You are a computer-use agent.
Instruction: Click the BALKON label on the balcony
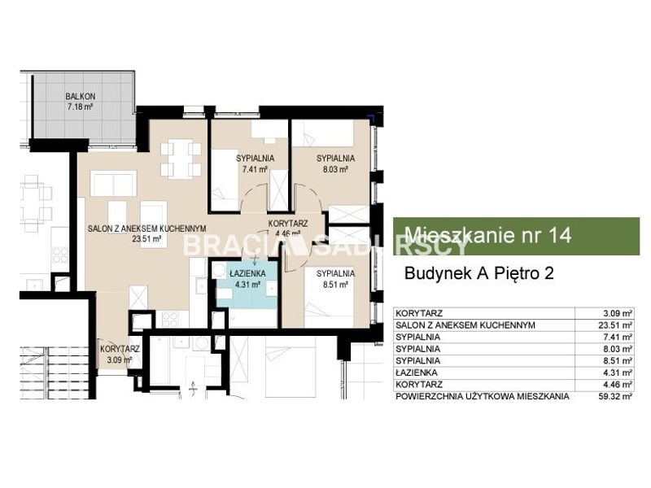point(80,96)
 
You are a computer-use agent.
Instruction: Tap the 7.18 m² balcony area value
point(80,107)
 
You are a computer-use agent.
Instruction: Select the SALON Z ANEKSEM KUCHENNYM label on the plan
point(147,229)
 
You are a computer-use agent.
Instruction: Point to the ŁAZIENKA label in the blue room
point(247,274)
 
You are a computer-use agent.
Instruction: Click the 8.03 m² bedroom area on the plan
point(335,169)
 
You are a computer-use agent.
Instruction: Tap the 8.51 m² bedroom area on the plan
point(335,284)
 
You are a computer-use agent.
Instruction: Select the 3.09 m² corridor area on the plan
point(120,359)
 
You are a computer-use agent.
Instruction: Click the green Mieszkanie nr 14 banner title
point(488,235)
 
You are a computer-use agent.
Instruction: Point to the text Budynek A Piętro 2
point(479,273)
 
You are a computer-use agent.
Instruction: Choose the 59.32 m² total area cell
point(613,396)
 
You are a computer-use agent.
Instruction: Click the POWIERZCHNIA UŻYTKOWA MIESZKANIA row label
point(483,396)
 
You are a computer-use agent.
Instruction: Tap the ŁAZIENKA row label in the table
point(417,373)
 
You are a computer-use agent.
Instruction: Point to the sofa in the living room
point(113,183)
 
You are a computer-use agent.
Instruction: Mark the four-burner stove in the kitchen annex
point(170,318)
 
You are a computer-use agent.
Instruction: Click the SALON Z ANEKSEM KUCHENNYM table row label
point(465,325)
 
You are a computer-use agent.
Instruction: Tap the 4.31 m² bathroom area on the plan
point(247,284)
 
